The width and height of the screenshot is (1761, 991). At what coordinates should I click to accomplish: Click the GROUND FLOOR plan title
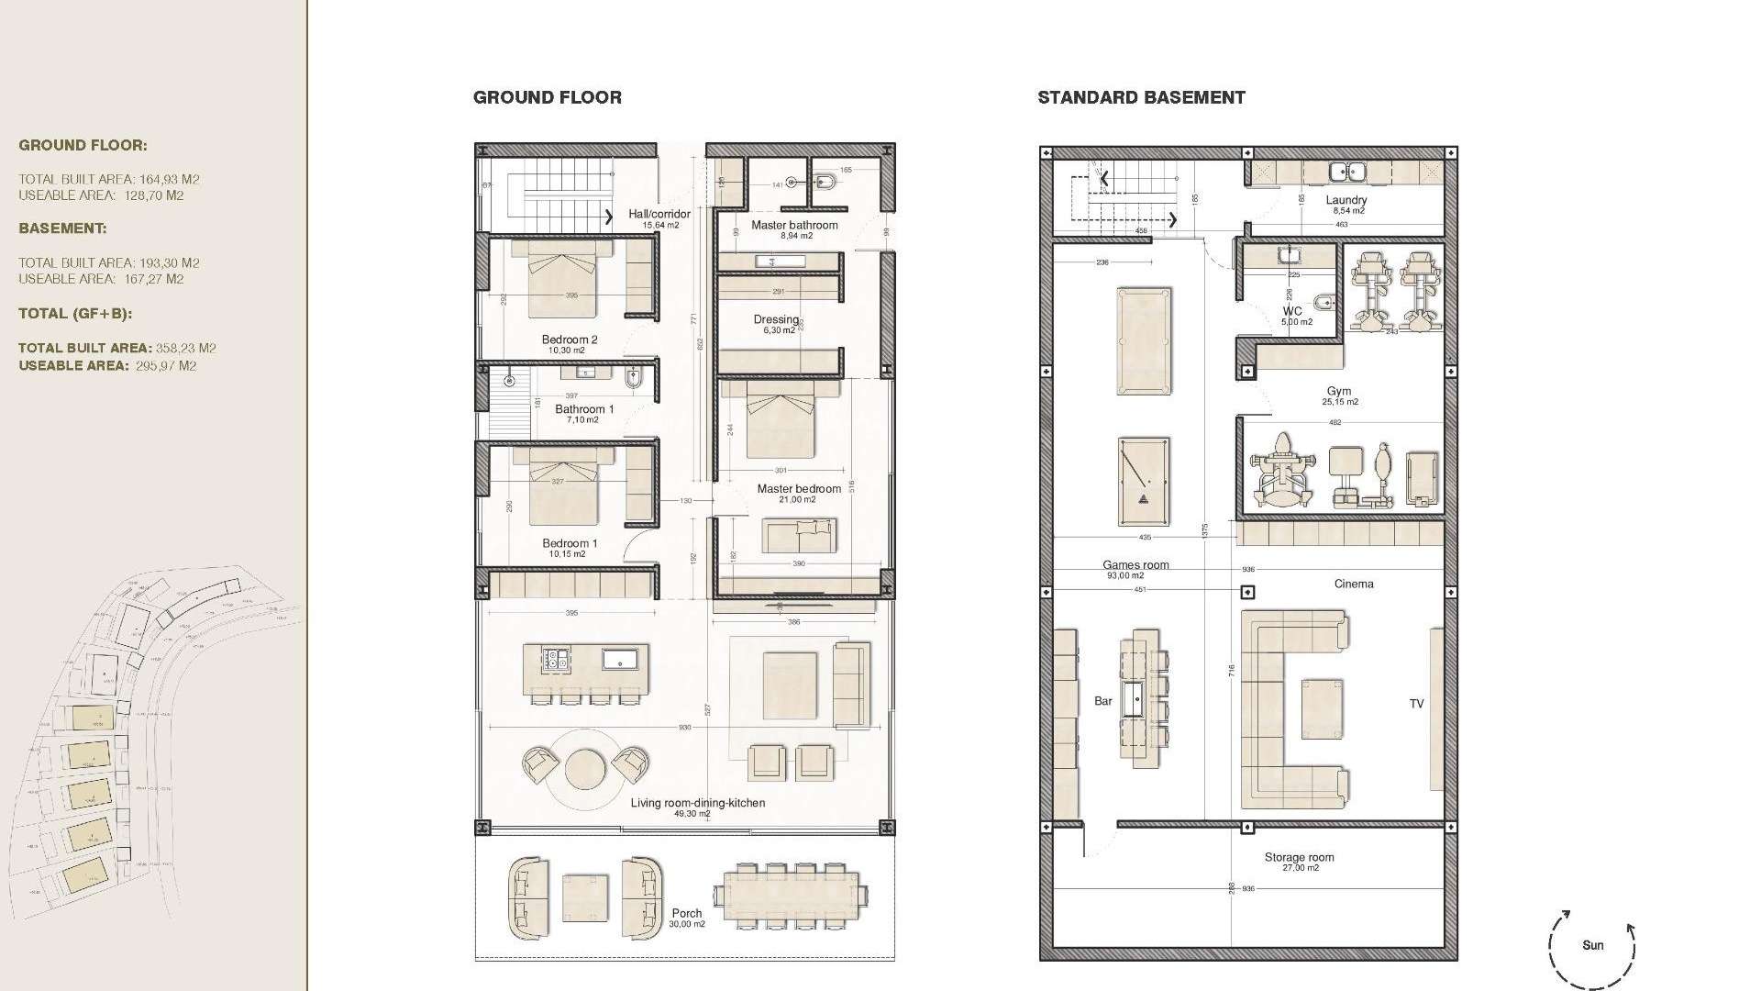point(547,97)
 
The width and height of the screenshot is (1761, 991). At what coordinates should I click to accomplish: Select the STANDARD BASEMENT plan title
point(1141,97)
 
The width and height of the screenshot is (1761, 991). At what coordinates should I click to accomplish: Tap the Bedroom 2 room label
point(569,340)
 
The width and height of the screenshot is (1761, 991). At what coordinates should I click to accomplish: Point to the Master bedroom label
point(798,489)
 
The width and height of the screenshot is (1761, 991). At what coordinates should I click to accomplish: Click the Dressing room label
point(776,319)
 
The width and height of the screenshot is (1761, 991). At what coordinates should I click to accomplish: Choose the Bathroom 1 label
point(584,409)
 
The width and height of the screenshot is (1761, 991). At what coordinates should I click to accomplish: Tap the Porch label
point(686,913)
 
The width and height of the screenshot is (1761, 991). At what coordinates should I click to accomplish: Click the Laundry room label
point(1346,200)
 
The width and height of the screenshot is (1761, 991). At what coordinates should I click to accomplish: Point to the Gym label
point(1338,391)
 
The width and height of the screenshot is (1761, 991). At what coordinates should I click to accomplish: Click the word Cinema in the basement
point(1354,584)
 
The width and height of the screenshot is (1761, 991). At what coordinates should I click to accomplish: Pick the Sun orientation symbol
point(1592,945)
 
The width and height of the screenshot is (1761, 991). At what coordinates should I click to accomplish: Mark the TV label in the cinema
point(1416,704)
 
